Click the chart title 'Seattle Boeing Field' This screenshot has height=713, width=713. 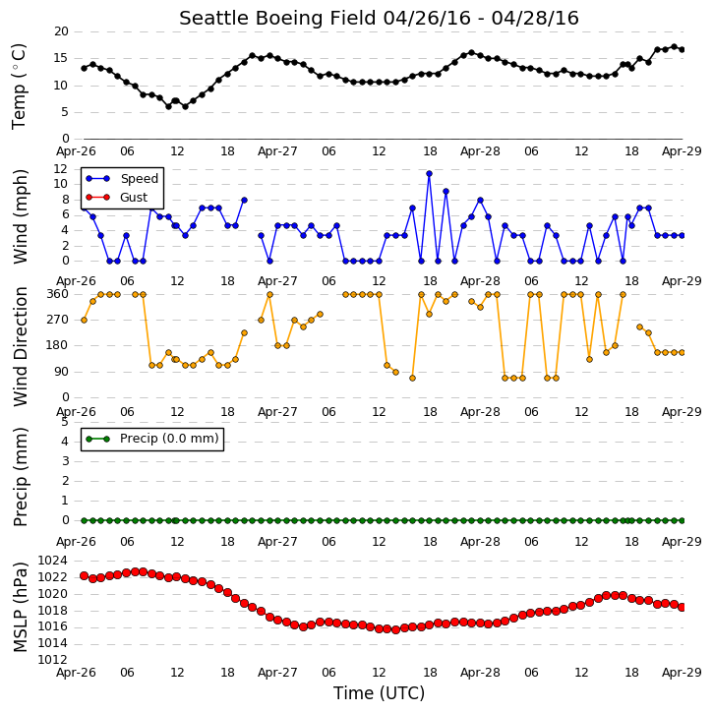278,18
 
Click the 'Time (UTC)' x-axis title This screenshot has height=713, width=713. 379,693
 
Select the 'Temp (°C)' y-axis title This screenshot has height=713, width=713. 19,87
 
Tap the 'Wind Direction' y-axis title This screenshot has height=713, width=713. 21,346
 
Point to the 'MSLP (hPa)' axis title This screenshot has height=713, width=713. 21,608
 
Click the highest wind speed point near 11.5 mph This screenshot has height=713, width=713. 429,174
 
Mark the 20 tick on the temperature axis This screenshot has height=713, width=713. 61,31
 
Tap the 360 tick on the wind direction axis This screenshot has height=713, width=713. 58,294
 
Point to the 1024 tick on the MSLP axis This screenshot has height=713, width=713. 53,561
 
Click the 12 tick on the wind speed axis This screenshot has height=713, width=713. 60,169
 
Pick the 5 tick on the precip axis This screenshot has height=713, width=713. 65,422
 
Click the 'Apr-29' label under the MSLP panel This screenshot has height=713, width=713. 682,673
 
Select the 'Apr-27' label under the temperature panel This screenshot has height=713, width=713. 277,151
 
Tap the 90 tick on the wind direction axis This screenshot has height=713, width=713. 61,372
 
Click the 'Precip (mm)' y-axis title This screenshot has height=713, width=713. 21,477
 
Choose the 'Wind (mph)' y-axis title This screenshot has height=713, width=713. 21,216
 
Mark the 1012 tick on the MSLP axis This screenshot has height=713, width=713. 53,660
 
